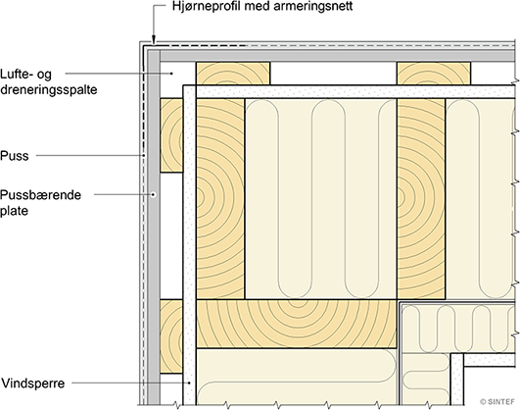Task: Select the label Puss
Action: point(15,156)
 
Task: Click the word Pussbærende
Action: point(40,194)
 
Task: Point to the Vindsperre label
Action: point(33,384)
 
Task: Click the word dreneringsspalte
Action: point(48,89)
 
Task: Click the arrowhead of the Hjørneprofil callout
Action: point(154,40)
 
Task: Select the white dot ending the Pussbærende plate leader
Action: point(153,194)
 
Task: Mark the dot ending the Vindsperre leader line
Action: point(189,384)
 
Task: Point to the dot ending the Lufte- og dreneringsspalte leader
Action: point(171,74)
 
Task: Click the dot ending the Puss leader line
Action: point(144,155)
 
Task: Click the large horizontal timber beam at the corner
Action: point(297,324)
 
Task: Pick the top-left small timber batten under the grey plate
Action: point(233,74)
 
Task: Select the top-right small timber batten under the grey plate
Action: point(434,74)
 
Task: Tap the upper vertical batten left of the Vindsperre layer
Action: point(171,135)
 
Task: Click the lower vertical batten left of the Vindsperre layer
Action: point(171,336)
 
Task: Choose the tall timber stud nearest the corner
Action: point(220,199)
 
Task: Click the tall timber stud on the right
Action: point(421,199)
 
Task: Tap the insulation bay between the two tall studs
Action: point(320,199)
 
